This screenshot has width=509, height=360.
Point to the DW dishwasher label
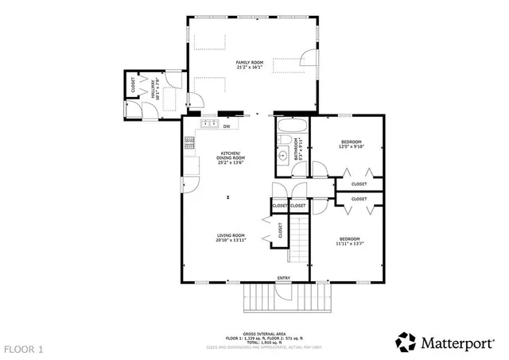pos(227,126)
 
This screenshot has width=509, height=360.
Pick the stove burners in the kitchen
pos(189,143)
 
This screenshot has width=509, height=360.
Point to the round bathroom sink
pos(282,156)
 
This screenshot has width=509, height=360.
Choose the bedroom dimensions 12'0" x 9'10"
pos(351,146)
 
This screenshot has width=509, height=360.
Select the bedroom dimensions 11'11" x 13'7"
pos(350,244)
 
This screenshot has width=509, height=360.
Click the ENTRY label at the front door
pos(283,277)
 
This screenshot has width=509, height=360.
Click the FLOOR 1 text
pos(24,349)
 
